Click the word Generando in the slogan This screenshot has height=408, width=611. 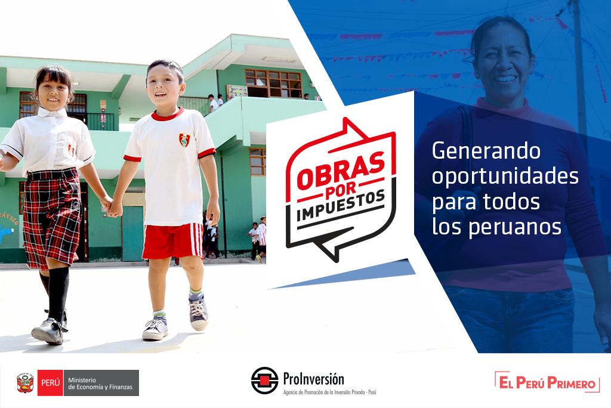tap(486, 152)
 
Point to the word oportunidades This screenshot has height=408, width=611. tap(505, 177)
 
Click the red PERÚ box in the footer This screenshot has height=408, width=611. tap(50, 382)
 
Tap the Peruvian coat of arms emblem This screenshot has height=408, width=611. tap(26, 382)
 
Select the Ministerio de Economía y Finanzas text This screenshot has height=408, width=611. tap(101, 382)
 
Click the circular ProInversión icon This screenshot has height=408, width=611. tap(264, 381)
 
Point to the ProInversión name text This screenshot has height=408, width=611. tap(314, 378)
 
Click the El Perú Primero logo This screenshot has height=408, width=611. tap(547, 382)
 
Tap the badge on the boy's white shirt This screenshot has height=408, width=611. tap(184, 140)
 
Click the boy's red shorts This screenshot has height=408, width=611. tap(172, 240)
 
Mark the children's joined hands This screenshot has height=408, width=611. tap(112, 206)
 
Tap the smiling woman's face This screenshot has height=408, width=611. tap(502, 60)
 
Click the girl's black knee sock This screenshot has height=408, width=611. tap(58, 293)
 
